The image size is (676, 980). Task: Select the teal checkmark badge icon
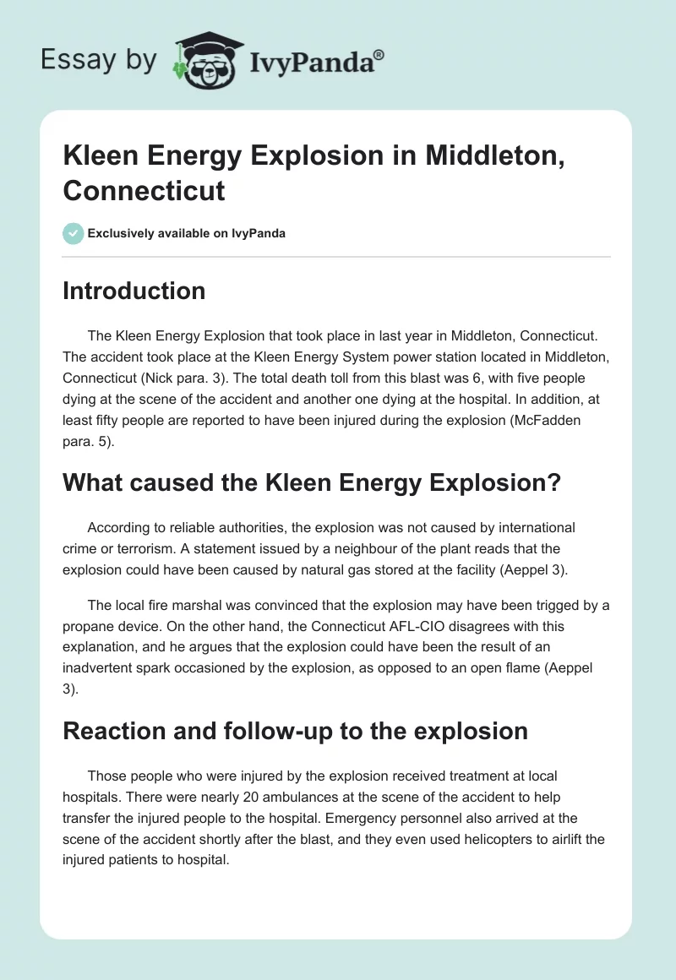coord(73,233)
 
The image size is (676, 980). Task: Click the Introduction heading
coord(134,291)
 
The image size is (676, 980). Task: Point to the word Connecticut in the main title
coord(144,190)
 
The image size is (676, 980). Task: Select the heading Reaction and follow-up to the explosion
coord(295,730)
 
